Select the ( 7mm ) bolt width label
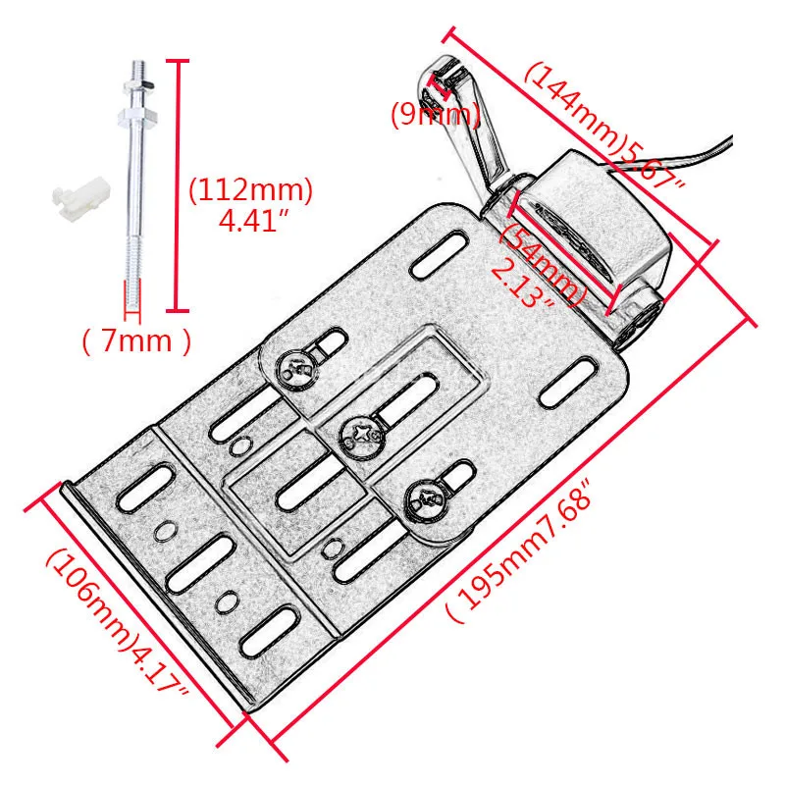[x=135, y=341]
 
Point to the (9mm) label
[x=435, y=116]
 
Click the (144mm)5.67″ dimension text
[x=602, y=127]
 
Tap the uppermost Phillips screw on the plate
[x=298, y=369]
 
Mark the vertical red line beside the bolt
[x=177, y=186]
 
